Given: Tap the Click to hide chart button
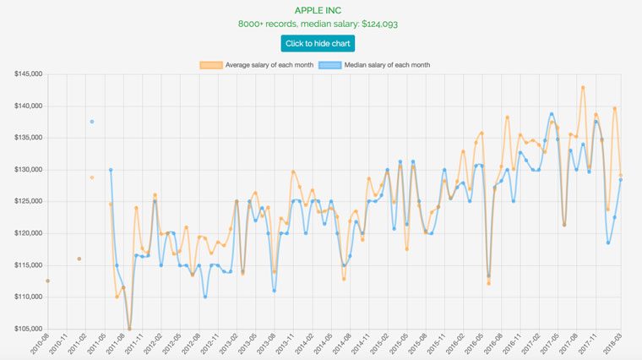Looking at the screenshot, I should (318, 43).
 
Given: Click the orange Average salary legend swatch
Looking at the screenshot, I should (210, 65).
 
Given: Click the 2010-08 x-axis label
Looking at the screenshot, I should (38, 344).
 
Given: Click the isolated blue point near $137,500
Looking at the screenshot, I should (92, 122).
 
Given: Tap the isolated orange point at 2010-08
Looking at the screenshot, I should (48, 281).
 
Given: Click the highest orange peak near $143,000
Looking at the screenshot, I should (583, 87).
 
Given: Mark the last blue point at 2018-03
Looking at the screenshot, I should (621, 179).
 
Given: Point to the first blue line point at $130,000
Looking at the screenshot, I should (111, 170).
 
